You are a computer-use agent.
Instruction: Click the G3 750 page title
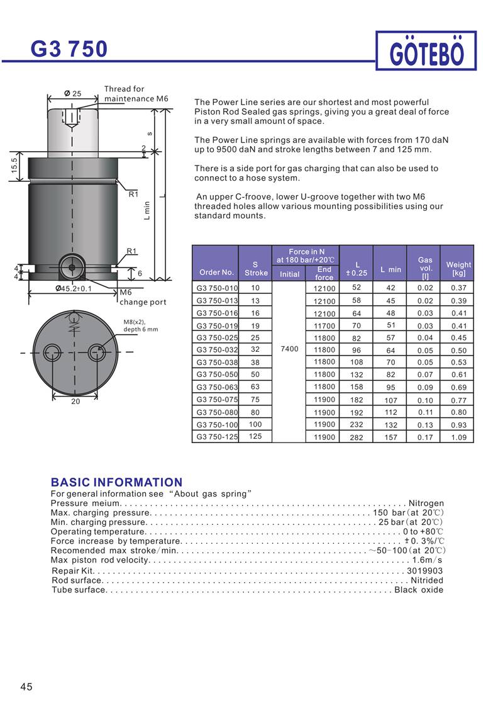tap(69, 48)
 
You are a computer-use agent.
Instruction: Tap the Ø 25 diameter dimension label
tap(73, 94)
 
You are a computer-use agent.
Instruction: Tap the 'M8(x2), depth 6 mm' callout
tap(141, 325)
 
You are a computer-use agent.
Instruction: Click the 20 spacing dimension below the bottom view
tap(75, 401)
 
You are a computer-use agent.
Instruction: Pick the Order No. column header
tap(216, 273)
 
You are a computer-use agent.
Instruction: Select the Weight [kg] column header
tap(458, 269)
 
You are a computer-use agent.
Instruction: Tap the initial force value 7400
tap(289, 349)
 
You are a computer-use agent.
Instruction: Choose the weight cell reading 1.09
tap(458, 437)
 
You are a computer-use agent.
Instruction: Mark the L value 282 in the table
tap(357, 437)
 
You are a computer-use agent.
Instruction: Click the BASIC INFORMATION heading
tap(116, 482)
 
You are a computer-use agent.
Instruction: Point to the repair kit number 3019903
tap(425, 571)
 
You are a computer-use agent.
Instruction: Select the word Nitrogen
tap(426, 503)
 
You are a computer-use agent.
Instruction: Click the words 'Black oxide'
tap(419, 590)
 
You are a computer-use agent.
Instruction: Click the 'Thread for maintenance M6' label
tap(136, 94)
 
